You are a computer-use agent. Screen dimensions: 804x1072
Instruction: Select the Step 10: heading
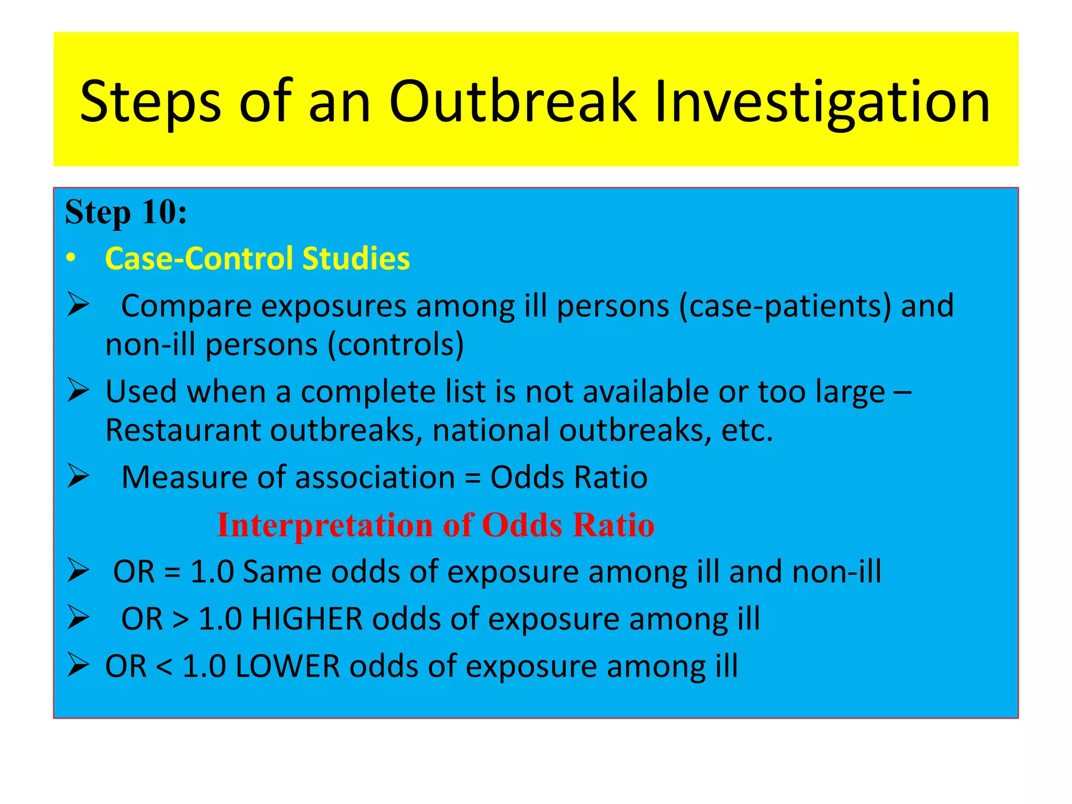[126, 213]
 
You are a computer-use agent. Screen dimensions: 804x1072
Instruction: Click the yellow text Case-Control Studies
[257, 259]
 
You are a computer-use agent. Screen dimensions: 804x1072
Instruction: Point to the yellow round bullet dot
[71, 259]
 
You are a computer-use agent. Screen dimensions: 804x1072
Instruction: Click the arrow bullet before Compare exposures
[78, 305]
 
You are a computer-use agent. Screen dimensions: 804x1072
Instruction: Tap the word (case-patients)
[785, 306]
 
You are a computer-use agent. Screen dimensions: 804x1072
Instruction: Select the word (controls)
[396, 345]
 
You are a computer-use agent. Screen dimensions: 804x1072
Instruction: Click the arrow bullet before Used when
[78, 391]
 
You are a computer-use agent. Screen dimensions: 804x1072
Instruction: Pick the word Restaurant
[183, 430]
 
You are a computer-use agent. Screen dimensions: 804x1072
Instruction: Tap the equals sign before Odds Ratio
[472, 478]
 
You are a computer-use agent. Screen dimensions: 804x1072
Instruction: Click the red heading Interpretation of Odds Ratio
[435, 525]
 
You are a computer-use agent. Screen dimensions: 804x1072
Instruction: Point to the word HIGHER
[307, 619]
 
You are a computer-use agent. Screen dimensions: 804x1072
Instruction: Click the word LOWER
[287, 666]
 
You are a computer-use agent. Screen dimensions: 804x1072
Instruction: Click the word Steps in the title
[151, 102]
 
